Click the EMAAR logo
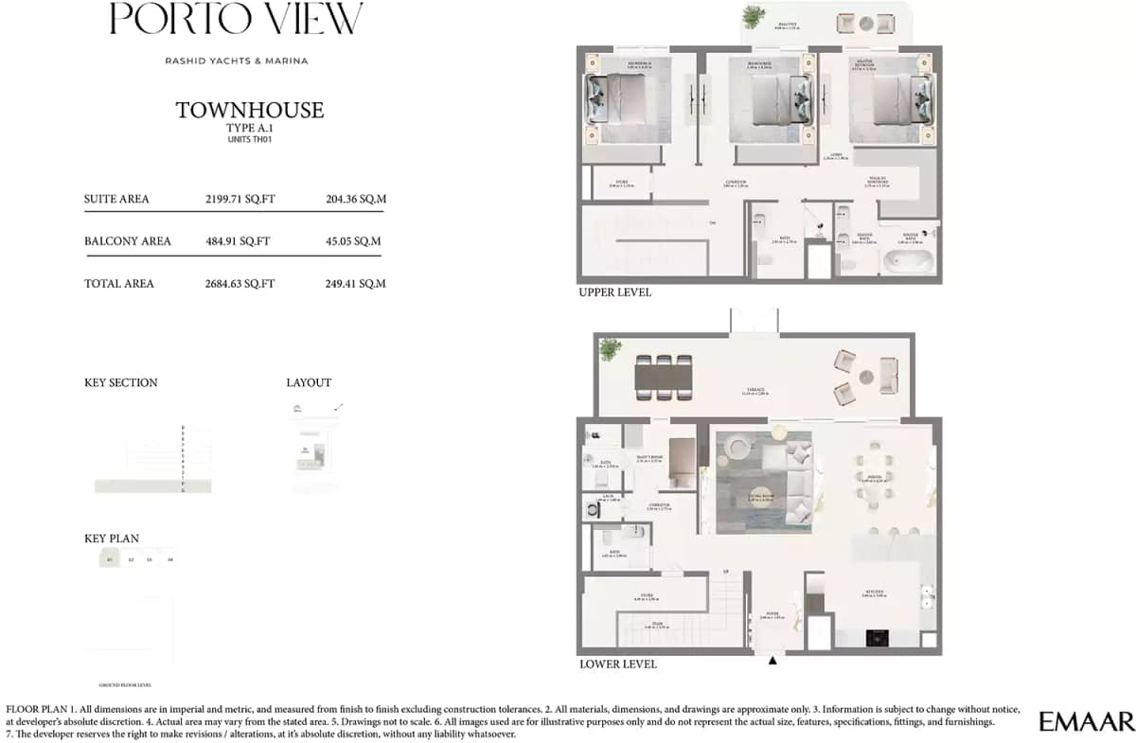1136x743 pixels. coord(1086,722)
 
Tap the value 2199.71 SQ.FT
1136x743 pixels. coord(240,200)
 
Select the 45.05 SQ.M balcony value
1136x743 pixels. coord(353,241)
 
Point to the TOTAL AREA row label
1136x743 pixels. coord(118,284)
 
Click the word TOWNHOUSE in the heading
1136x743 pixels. coord(250,111)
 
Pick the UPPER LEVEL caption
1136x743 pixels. coord(614,293)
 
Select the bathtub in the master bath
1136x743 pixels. coord(908,260)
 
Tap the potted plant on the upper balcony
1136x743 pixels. coord(754,17)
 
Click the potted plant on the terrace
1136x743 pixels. coord(609,348)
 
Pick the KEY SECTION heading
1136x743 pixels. coord(121,383)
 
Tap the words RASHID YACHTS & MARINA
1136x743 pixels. coord(237,62)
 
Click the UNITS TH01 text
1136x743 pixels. coord(250,139)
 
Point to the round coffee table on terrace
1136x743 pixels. coord(864,377)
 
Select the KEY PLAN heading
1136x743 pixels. coord(112,539)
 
